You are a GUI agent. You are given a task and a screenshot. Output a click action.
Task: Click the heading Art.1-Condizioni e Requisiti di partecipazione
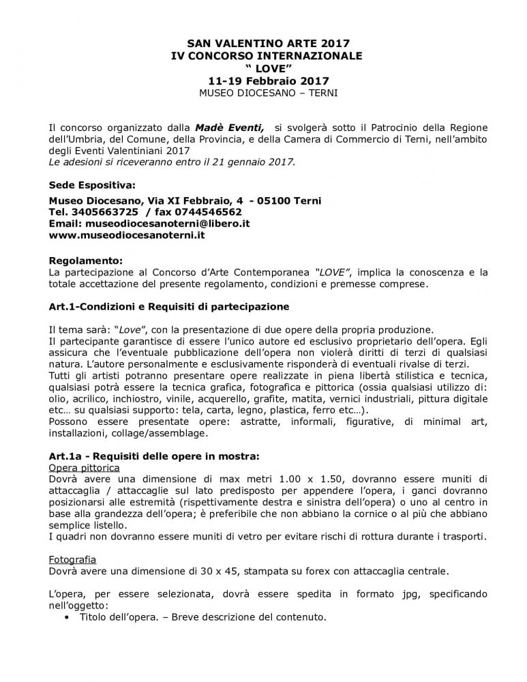pos(169,306)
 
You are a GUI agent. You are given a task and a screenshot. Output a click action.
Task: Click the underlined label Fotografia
pos(72,559)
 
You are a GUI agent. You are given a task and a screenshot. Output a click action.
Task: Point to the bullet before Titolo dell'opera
pos(65,619)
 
